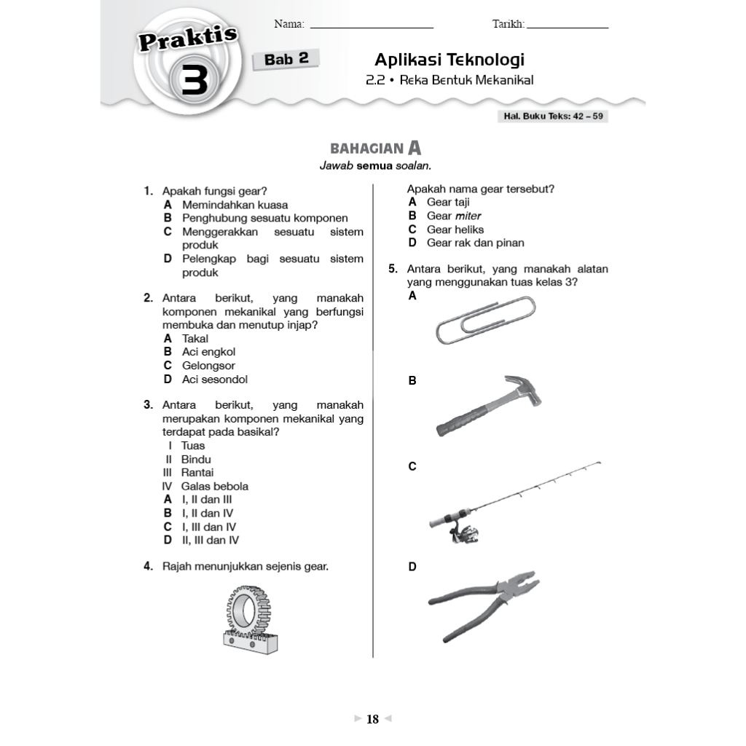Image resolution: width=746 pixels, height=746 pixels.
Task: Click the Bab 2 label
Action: [286, 60]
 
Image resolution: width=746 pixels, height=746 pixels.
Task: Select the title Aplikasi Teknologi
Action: [449, 60]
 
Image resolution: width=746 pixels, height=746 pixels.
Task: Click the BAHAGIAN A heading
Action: [376, 149]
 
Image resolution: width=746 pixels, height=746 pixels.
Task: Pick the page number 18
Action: [373, 720]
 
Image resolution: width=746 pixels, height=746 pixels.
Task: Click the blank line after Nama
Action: [372, 26]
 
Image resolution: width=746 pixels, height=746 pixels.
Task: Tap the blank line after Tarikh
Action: [568, 26]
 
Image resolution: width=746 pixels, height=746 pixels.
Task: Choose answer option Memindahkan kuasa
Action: [235, 205]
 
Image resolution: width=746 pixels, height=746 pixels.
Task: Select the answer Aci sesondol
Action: [215, 380]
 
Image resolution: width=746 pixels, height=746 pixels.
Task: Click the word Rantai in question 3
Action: [197, 473]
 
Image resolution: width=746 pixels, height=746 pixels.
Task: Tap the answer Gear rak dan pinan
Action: [475, 243]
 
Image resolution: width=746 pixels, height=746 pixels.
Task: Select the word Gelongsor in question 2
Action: [208, 366]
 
